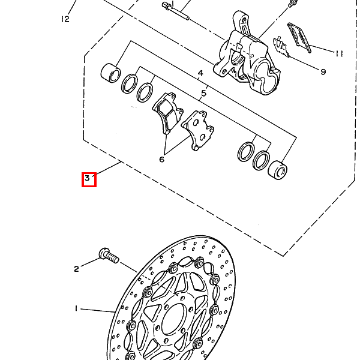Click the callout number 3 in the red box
87,178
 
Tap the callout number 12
65,19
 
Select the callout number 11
339,53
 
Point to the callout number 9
323,72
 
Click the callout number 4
200,73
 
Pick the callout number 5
203,94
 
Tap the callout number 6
161,160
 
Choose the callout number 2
76,269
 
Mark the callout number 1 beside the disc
76,308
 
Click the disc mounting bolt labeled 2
109,256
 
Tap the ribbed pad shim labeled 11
299,37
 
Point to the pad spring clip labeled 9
281,47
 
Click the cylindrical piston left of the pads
110,73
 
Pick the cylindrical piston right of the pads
278,170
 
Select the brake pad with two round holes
198,130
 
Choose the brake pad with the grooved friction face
167,113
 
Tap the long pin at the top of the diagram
175,11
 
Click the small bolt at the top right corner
292,3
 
